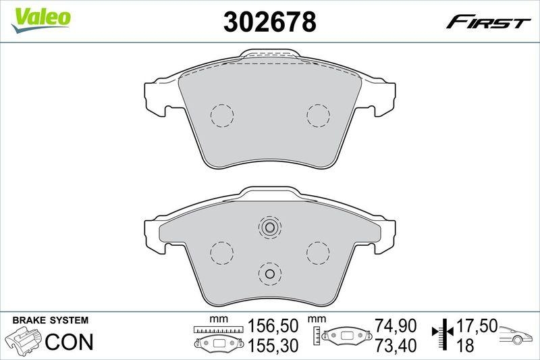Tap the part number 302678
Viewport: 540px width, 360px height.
tap(269, 22)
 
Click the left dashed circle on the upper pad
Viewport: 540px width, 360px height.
tap(221, 115)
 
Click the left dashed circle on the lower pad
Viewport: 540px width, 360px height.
tap(221, 253)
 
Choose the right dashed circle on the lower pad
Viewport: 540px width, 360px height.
tap(317, 253)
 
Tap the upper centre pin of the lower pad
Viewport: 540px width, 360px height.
tap(269, 228)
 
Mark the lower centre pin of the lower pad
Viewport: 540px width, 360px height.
tap(269, 274)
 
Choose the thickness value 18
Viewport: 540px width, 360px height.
tap(465, 346)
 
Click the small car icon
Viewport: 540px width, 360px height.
tap(517, 334)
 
